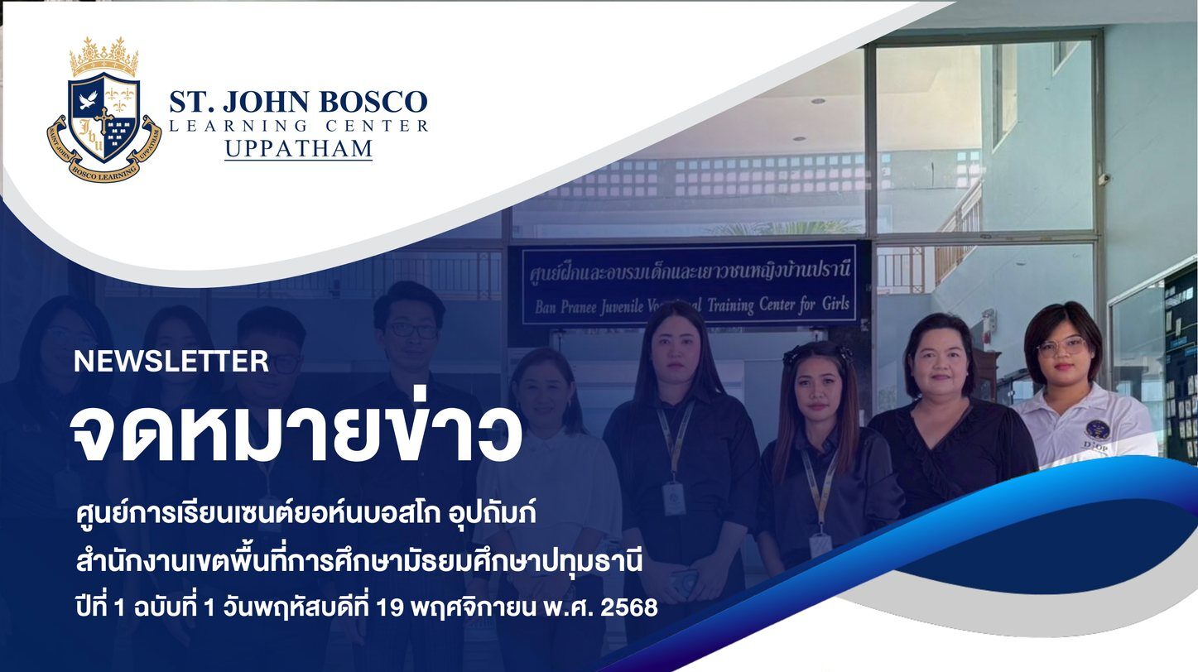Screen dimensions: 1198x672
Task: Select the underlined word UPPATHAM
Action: point(298,149)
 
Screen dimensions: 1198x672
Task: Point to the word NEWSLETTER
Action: point(171,362)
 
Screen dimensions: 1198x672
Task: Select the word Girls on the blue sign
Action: point(835,305)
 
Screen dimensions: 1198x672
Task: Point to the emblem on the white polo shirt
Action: point(1095,430)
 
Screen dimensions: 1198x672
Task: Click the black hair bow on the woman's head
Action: point(816,353)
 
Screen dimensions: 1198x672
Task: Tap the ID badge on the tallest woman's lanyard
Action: point(674,497)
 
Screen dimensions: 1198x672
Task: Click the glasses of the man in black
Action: point(413,329)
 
